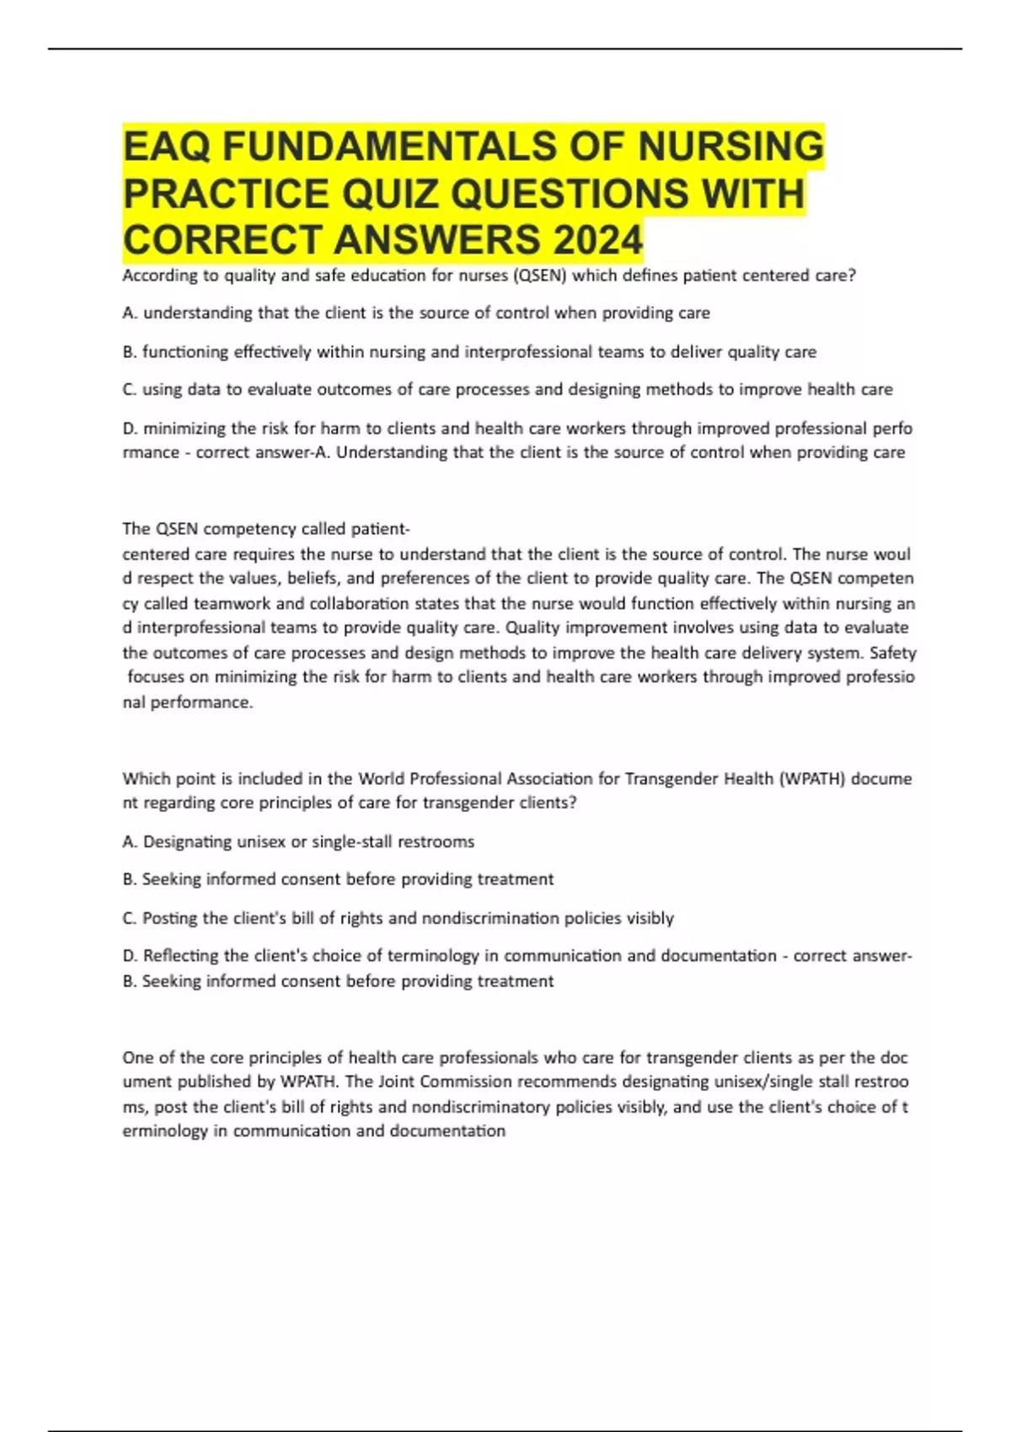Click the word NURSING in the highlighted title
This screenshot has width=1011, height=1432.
point(730,147)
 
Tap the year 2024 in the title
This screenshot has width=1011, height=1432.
point(597,240)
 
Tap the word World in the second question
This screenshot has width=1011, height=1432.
point(381,778)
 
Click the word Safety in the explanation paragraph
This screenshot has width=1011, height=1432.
point(893,653)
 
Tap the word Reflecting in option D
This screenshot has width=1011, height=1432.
point(182,956)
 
